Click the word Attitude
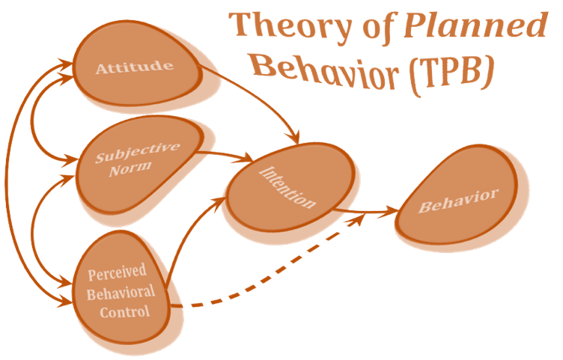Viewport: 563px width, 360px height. click(134, 68)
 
